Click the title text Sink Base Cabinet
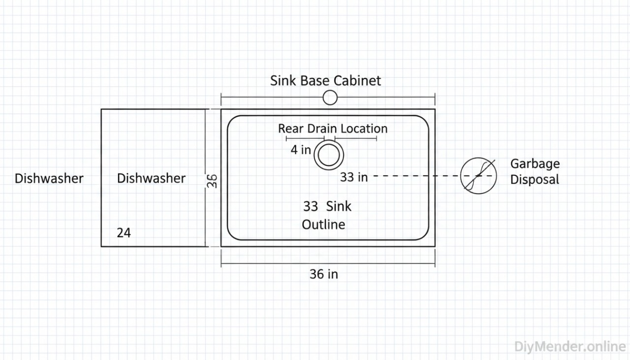click(x=325, y=81)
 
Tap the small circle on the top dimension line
click(x=330, y=98)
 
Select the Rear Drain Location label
click(x=333, y=129)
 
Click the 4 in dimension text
click(x=300, y=150)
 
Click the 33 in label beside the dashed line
click(x=353, y=177)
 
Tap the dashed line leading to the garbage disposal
click(x=418, y=176)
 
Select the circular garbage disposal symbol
click(x=478, y=176)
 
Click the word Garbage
click(x=535, y=164)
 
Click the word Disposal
click(x=535, y=180)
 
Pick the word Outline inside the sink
click(x=323, y=225)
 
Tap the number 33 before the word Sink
click(x=311, y=206)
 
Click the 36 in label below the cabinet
click(x=323, y=274)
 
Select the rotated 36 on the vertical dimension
click(x=212, y=181)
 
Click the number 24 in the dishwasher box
click(x=124, y=233)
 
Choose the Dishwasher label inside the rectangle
click(x=151, y=178)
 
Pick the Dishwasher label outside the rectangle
click(x=49, y=178)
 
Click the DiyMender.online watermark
click(x=570, y=346)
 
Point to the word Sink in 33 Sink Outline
click(x=339, y=206)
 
